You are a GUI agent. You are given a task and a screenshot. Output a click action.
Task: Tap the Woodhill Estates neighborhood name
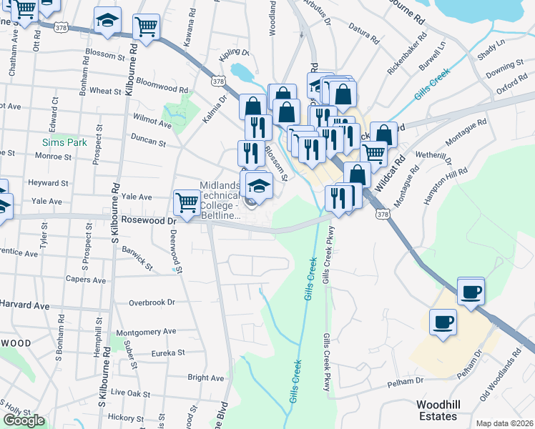437,410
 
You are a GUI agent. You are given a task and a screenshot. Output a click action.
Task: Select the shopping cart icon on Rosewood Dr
187,202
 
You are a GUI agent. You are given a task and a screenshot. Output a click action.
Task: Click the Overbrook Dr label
152,302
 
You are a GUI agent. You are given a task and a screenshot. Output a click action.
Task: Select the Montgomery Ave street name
146,332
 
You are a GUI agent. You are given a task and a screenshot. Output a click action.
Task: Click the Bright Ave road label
206,377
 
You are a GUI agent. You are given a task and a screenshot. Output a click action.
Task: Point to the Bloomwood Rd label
161,84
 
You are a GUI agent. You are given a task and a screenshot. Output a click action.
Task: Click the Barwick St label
137,258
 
